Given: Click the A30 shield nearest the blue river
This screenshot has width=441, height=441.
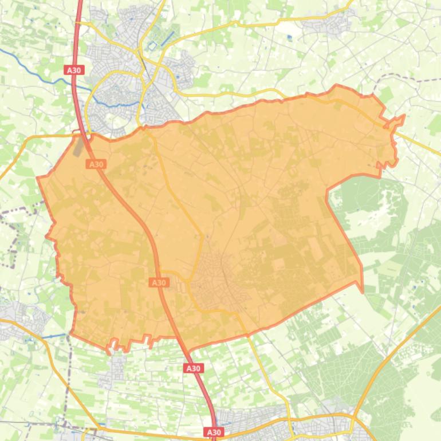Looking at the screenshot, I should (x=74, y=70).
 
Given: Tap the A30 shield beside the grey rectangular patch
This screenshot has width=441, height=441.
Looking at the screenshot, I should (x=96, y=164).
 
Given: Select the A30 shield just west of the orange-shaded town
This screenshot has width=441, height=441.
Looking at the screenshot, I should (x=159, y=282).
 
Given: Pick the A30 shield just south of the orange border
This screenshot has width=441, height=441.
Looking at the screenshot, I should (x=193, y=368).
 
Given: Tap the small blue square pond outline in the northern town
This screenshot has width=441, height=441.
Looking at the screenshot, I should (x=152, y=45).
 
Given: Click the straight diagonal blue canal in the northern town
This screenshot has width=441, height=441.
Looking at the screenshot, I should (x=167, y=38).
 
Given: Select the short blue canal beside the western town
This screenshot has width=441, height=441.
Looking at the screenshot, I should (x=54, y=335).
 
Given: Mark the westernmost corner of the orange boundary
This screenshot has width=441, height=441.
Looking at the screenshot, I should (x=38, y=178).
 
